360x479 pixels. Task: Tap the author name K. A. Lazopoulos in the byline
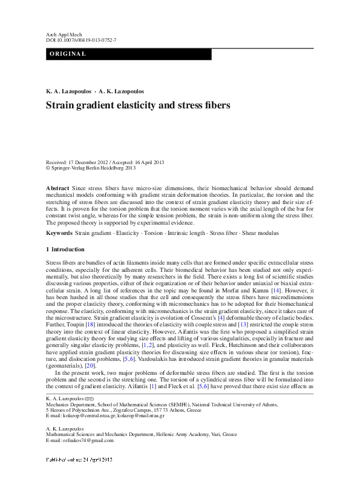point(68,91)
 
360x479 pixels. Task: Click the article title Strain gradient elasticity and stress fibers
point(129,105)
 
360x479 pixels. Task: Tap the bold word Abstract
point(57,189)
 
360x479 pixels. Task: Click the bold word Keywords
point(59,233)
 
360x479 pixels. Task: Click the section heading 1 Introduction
point(65,249)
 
